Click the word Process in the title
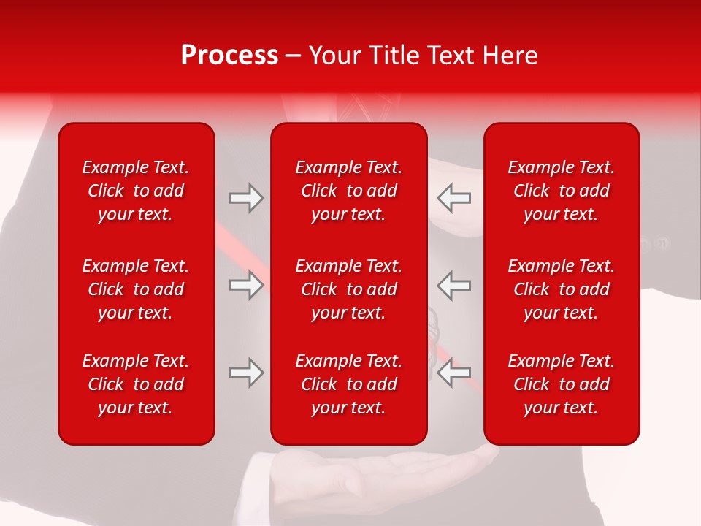[x=229, y=56]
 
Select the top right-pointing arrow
[x=246, y=198]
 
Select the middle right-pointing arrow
[x=246, y=285]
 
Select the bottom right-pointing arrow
[x=246, y=373]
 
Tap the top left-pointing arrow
[x=454, y=198]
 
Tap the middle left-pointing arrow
[x=454, y=285]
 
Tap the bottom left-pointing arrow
[x=454, y=373]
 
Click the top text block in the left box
[x=136, y=191]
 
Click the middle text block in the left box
[x=136, y=289]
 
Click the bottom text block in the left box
[x=136, y=384]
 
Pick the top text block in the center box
[x=349, y=191]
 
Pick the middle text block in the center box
[x=349, y=289]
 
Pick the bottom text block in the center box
[x=349, y=384]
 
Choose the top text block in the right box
[x=562, y=191]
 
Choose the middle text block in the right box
[x=562, y=289]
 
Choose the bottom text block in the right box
[x=562, y=384]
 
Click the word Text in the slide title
[x=451, y=56]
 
